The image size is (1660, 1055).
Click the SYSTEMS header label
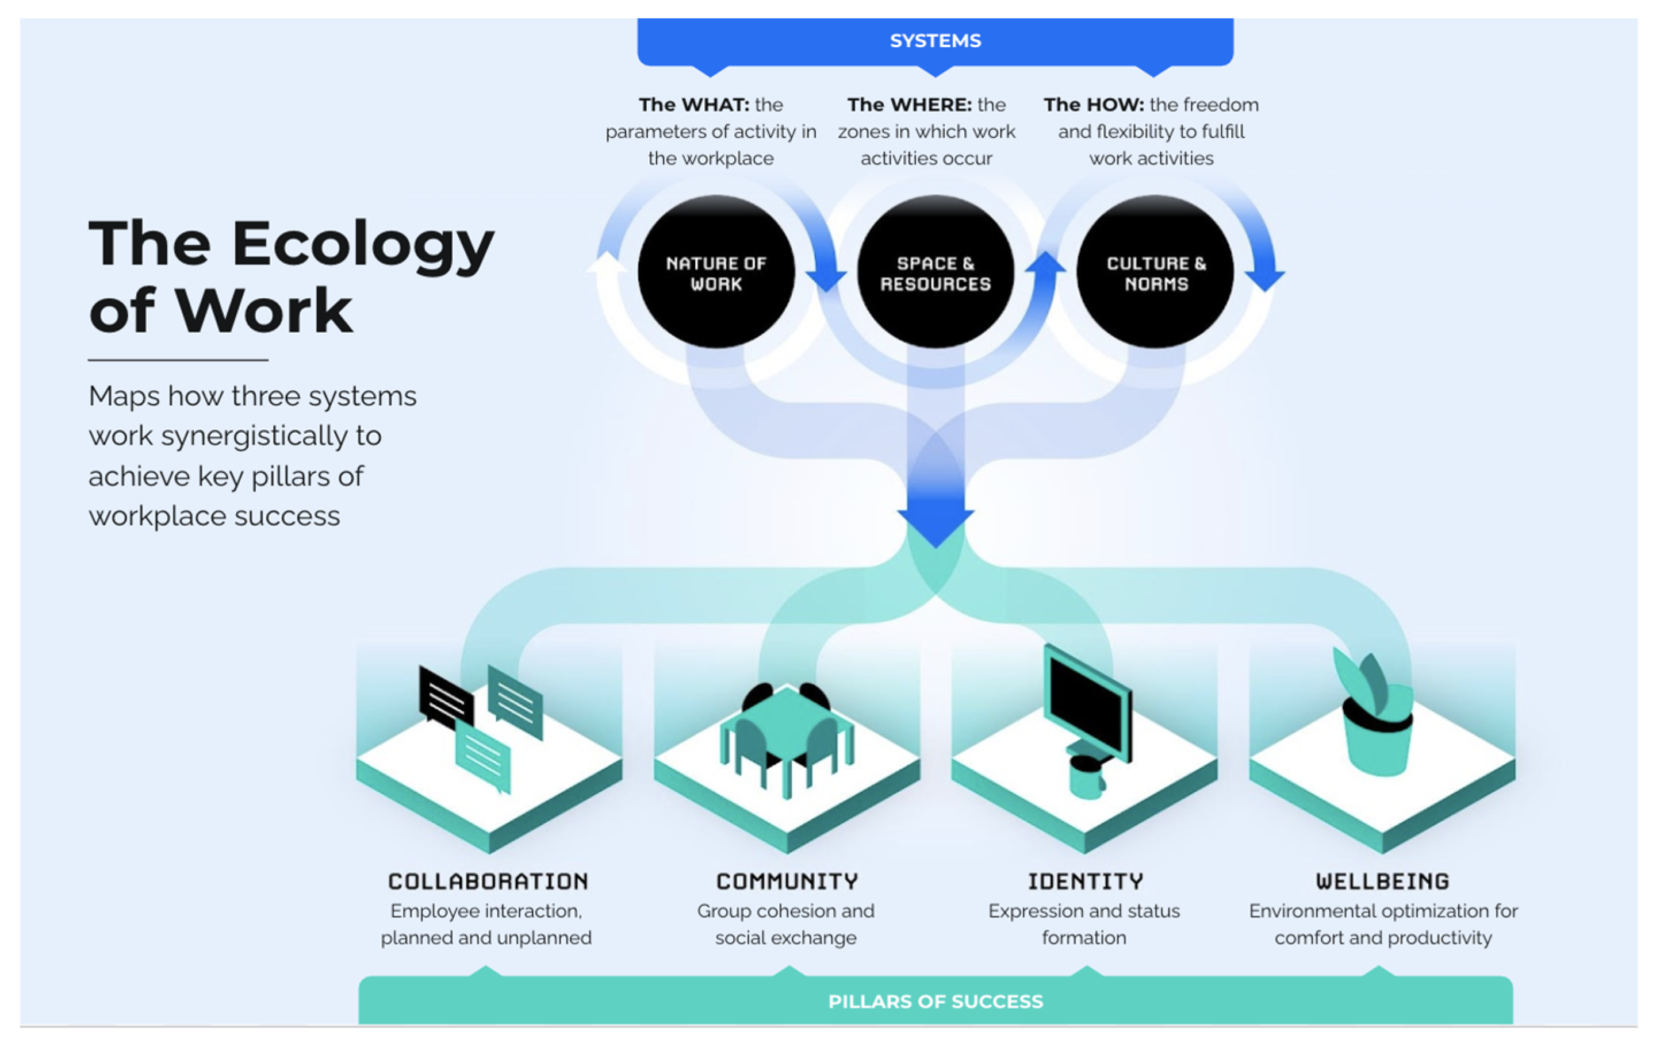click(x=935, y=41)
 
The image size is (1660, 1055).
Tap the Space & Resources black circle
click(x=935, y=272)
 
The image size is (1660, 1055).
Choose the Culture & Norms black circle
click(x=1155, y=272)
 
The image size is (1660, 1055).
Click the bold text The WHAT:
click(x=693, y=105)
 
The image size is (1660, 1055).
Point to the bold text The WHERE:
click(x=908, y=105)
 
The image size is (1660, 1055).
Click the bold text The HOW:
click(x=1092, y=105)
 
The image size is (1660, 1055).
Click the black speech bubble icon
click(x=446, y=698)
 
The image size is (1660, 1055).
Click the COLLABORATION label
click(x=488, y=881)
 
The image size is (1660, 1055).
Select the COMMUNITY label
click(x=787, y=881)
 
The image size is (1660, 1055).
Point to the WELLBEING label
click(x=1382, y=881)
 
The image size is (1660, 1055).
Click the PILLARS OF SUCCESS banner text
click(x=935, y=1001)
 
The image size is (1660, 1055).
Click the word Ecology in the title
click(x=363, y=246)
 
